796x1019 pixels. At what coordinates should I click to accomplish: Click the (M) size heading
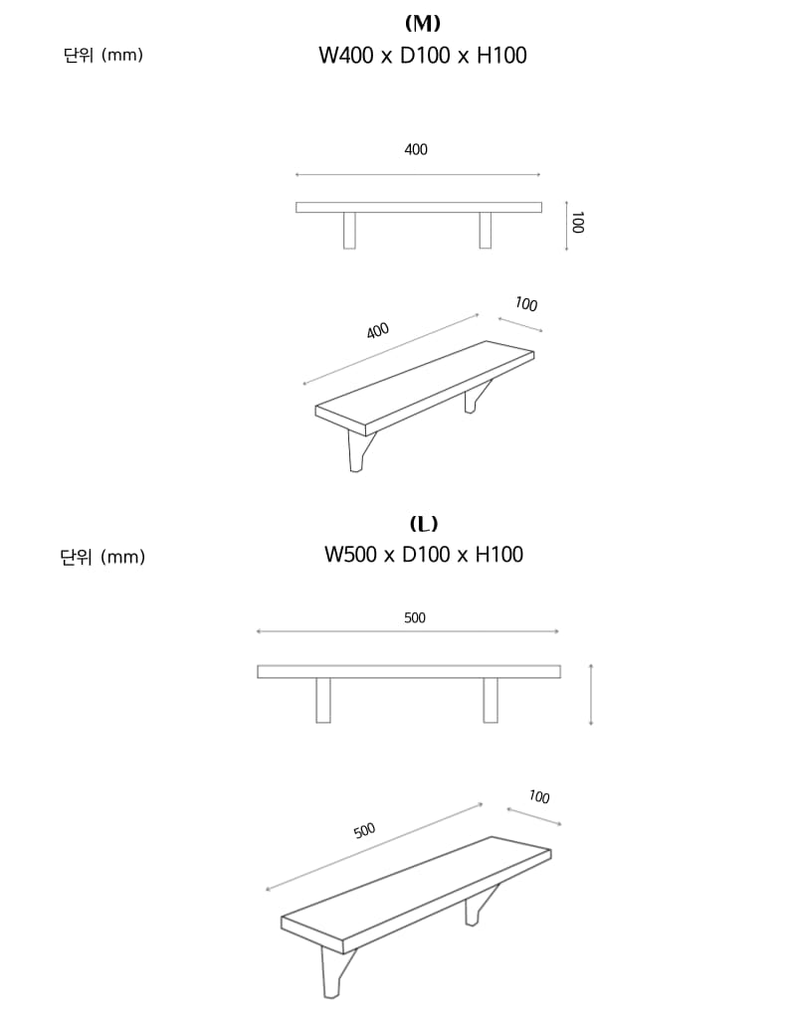coord(422,24)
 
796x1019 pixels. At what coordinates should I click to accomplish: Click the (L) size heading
coord(423,523)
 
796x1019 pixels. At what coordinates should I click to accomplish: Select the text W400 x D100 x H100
coord(422,56)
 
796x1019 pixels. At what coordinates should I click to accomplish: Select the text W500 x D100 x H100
coord(423,555)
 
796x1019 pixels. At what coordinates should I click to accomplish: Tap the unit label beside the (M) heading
coord(103,56)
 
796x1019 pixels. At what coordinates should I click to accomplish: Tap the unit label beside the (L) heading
coord(102,557)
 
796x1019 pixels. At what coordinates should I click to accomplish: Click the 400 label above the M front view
coord(416,150)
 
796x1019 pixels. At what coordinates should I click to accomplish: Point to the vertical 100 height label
coord(577,223)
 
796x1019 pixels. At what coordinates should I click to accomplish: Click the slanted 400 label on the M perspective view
coord(377,331)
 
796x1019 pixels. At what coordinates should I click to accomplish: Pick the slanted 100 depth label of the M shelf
coord(526,304)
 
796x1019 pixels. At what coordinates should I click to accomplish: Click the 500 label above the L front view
coord(415,618)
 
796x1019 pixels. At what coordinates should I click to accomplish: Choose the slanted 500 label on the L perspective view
coord(364,830)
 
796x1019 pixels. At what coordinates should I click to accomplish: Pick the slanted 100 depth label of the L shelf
coord(539,796)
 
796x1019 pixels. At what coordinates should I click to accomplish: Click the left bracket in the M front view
coord(349,231)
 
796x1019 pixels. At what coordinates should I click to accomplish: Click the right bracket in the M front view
coord(486,231)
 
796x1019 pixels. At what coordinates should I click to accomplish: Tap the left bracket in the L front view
coord(323,701)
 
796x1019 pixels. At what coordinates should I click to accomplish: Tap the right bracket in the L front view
coord(491,701)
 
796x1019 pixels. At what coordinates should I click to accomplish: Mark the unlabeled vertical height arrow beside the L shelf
coord(590,695)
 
